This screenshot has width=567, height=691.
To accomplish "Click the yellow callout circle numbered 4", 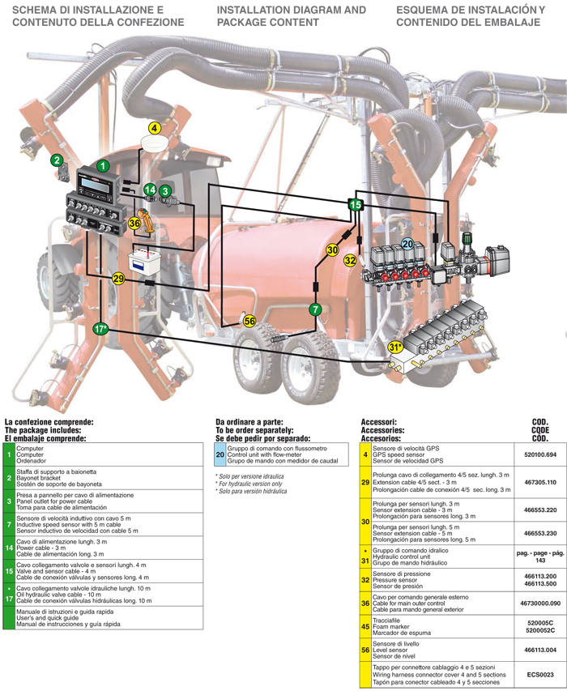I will (155, 128).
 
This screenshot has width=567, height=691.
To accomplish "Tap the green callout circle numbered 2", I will (57, 160).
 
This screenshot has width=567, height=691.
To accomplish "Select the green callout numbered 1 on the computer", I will (104, 165).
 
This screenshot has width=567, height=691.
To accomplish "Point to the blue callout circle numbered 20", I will (407, 242).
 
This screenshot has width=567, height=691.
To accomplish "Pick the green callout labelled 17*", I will (100, 329).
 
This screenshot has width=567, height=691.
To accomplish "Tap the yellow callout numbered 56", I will (249, 322).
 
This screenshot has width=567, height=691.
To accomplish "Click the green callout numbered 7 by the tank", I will (315, 309).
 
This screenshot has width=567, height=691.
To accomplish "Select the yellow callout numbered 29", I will (118, 279).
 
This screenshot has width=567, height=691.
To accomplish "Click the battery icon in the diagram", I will (147, 261).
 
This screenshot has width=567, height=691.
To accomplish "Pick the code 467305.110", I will (542, 482).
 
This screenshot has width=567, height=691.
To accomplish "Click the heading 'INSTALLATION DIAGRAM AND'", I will (292, 10).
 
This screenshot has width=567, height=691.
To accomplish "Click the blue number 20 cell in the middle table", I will (220, 455).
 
